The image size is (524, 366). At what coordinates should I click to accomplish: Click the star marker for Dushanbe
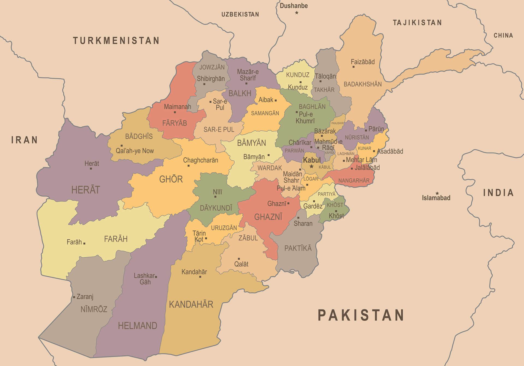coord(297,13)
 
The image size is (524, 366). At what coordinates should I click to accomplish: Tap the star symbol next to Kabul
coord(311,166)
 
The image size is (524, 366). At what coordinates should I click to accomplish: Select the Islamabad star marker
coord(437,193)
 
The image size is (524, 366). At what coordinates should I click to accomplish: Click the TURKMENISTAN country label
coord(116,41)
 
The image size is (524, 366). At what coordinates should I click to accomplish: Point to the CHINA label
coord(503,35)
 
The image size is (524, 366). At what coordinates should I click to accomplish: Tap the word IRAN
coord(24,140)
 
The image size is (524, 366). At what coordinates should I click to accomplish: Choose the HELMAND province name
coord(138,326)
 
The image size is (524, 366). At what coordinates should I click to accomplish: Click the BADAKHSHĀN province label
coord(363,84)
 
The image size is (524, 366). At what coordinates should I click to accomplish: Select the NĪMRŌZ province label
coord(94,309)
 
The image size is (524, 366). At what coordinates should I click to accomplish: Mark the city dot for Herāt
coord(91,169)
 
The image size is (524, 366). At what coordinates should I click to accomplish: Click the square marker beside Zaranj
coord(74,297)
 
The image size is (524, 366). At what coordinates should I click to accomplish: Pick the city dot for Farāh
coord(84,243)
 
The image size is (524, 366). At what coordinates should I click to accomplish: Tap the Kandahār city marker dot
coord(200,277)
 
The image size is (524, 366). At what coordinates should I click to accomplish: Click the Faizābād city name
coord(363,62)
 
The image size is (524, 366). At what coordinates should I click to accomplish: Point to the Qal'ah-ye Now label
coord(135,151)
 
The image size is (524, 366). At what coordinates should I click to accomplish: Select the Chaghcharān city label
coord(201,160)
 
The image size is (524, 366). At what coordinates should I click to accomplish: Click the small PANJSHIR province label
coord(337,123)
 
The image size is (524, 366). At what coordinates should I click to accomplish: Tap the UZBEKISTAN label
coord(240,14)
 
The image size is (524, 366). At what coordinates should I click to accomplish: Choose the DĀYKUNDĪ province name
coord(216,208)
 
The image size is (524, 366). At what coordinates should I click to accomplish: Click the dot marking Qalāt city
coord(239,259)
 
